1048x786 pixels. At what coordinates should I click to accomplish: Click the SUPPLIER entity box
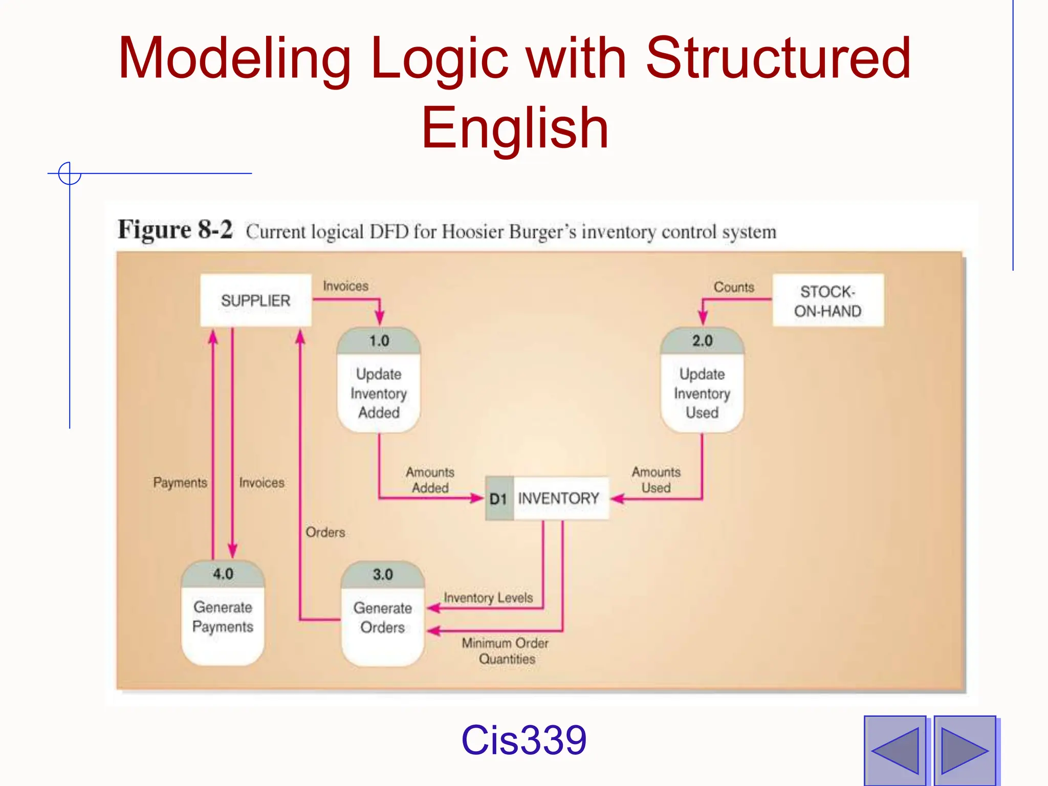click(255, 300)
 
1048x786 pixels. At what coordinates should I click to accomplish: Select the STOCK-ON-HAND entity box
click(827, 301)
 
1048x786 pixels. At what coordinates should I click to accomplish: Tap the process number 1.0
click(379, 341)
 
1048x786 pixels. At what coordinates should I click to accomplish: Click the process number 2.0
click(702, 341)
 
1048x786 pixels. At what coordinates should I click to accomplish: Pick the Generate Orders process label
click(382, 618)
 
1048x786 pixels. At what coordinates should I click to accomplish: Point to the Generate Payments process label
click(223, 617)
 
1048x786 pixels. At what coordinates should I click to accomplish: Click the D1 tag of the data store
click(498, 499)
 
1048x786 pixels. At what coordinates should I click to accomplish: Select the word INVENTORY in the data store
click(558, 498)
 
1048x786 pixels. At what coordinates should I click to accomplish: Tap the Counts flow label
click(734, 287)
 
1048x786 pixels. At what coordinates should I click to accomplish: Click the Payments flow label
click(180, 483)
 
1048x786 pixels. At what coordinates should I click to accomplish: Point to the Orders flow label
click(325, 532)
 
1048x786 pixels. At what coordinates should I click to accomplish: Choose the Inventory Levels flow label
click(488, 598)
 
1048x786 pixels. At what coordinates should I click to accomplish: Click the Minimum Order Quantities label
click(506, 651)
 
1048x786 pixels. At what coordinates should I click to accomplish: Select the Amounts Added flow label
click(430, 480)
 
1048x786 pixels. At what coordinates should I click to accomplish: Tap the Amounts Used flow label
click(656, 480)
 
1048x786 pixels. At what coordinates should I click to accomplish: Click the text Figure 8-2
click(175, 230)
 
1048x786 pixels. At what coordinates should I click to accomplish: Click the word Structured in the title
click(778, 58)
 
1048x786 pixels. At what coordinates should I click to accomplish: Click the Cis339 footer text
click(523, 740)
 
